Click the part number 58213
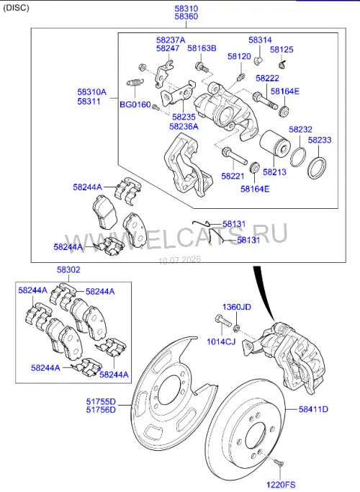tap(274, 172)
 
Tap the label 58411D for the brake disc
tap(313, 409)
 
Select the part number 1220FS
tap(281, 485)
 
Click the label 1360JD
tap(237, 307)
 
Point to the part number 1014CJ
tap(221, 341)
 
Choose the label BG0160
tap(135, 104)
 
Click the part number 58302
tap(68, 269)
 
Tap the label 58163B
tap(202, 48)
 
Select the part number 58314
tap(260, 40)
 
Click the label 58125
tap(282, 50)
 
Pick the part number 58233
tap(320, 140)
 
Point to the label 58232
tap(300, 129)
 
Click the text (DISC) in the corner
tap(16, 7)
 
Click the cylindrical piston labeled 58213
tap(275, 144)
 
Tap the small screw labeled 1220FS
tap(278, 462)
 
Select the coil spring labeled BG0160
tap(135, 82)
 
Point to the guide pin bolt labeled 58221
tap(234, 156)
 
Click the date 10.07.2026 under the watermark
tap(180, 260)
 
